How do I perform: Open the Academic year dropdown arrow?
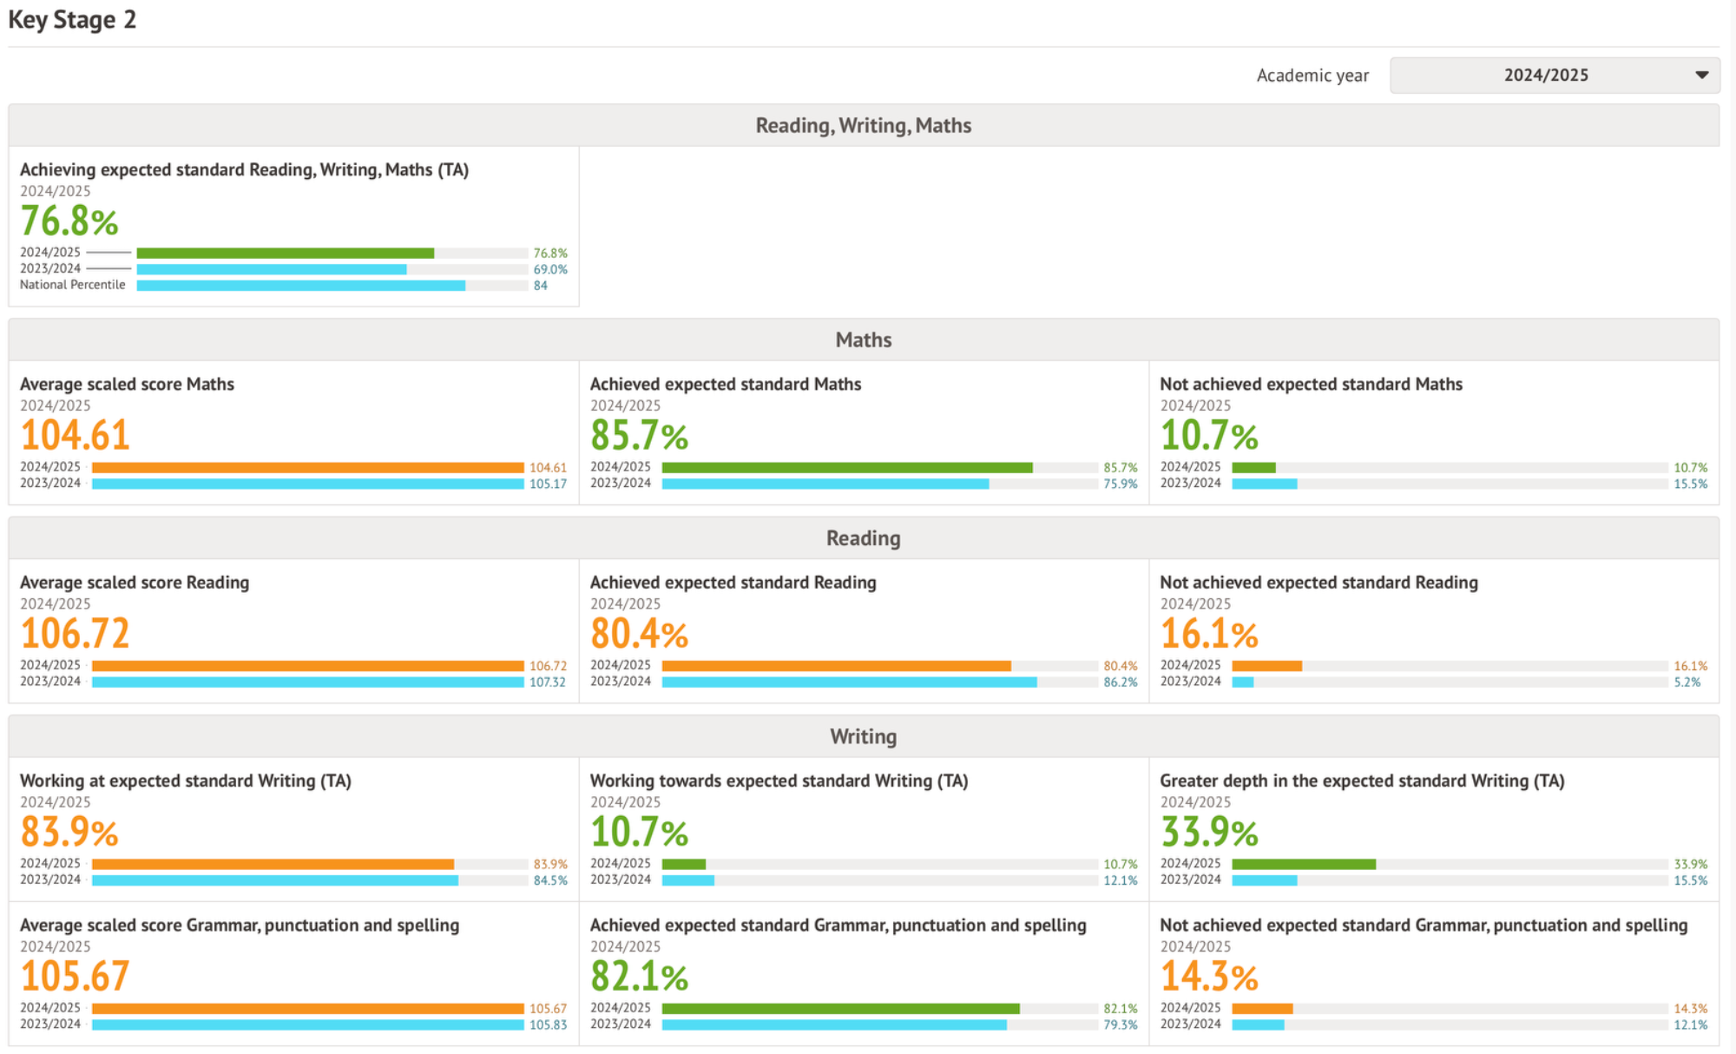point(1701,76)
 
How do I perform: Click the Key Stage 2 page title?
point(72,20)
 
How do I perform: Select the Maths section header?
point(863,339)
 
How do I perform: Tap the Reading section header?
point(863,538)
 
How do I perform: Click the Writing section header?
point(863,736)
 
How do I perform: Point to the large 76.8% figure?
point(69,221)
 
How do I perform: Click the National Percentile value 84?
point(541,286)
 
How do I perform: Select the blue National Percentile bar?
point(300,286)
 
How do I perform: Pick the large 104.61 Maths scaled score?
point(76,435)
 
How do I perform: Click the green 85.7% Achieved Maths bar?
point(846,468)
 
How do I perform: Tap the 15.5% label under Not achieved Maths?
point(1690,484)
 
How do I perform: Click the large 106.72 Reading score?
point(76,633)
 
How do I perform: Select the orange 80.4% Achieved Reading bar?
point(836,666)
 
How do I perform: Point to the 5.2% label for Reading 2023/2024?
point(1687,682)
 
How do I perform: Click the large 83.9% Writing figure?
point(69,832)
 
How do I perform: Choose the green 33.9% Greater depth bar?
point(1303,865)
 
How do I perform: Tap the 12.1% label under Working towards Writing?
point(1120,880)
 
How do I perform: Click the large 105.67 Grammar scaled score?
point(76,976)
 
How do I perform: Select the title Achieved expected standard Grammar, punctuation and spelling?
point(838,926)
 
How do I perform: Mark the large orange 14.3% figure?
point(1209,976)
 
